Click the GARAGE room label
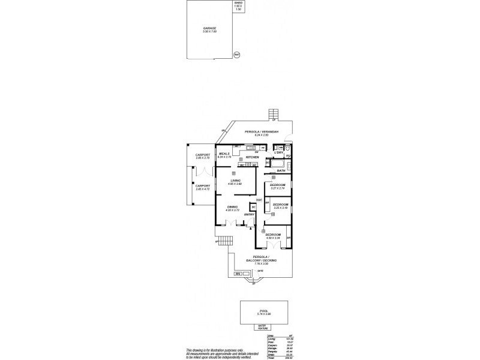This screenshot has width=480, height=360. click(209, 28)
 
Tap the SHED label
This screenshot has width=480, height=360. click(238, 3)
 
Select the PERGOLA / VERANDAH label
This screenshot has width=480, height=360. click(264, 131)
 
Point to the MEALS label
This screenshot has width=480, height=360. click(224, 154)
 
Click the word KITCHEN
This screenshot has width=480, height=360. click(252, 157)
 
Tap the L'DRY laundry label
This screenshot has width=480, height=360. click(278, 154)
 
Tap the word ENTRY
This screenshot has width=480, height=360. click(249, 214)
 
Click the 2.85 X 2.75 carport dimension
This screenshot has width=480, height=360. click(203, 158)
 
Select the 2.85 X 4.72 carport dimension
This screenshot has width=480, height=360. click(203, 189)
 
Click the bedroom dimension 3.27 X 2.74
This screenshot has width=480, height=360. click(277, 188)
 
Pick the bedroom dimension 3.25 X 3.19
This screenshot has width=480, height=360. click(280, 208)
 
